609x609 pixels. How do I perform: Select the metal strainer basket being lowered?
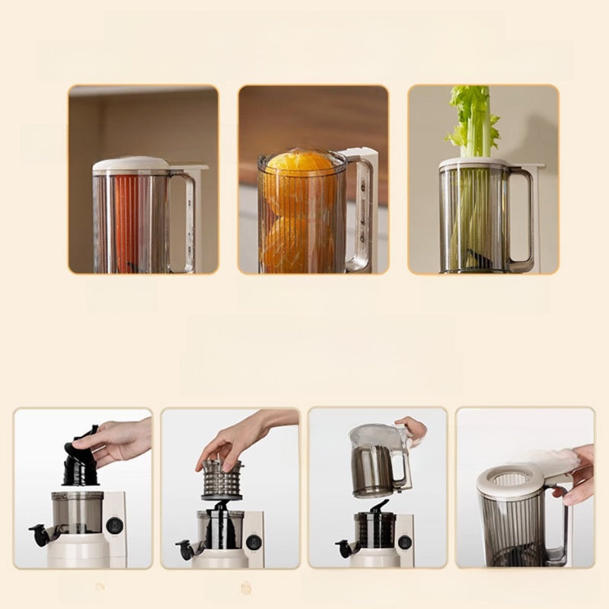pos(222,480)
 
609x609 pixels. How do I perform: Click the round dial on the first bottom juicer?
pos(115,525)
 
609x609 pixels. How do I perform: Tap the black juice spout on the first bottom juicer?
pos(37,533)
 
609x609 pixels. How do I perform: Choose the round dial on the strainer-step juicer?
pos(253,541)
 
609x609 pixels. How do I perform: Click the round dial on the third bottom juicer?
pos(405,542)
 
